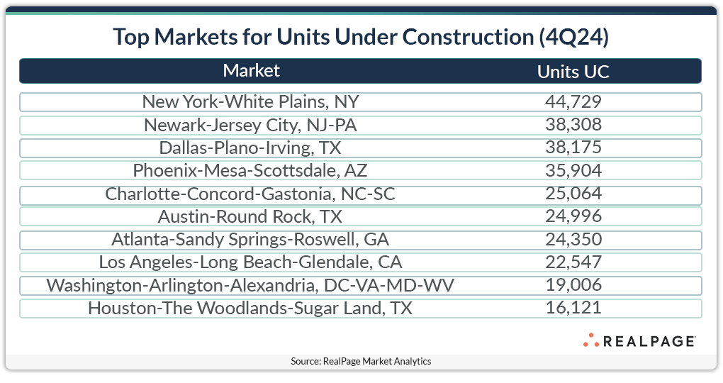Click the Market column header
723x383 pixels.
(x=251, y=71)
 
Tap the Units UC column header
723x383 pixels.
(x=573, y=72)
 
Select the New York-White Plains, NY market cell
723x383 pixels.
(x=250, y=102)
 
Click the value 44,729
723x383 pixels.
(x=573, y=102)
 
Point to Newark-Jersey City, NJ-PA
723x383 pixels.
(x=250, y=126)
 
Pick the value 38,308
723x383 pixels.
(x=573, y=126)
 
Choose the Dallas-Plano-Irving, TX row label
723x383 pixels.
(x=250, y=148)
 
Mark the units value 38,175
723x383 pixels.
(x=573, y=148)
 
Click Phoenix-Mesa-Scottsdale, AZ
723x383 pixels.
(x=250, y=171)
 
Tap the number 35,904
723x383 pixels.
(x=573, y=171)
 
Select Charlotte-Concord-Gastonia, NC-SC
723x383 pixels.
(x=250, y=194)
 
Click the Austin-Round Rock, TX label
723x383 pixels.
(x=250, y=216)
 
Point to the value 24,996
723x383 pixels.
(x=573, y=216)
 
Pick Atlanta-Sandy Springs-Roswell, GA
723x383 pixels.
(x=250, y=240)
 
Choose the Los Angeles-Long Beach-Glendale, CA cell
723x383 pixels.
(x=250, y=262)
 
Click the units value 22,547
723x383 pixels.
(x=573, y=262)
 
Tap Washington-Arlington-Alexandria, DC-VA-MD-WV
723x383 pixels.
(x=250, y=285)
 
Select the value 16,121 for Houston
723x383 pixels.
(x=573, y=309)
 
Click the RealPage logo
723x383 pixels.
(x=639, y=341)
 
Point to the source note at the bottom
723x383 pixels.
(x=361, y=362)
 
